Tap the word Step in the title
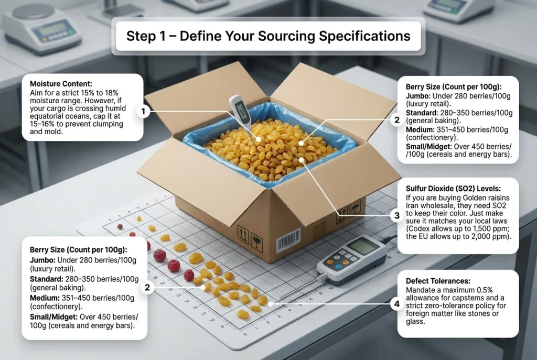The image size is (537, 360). [139, 36]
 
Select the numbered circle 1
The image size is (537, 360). [143, 112]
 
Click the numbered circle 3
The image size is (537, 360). [397, 215]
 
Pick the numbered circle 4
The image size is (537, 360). [397, 304]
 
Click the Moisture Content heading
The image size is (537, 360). [61, 84]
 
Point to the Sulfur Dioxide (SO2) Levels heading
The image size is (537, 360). [453, 189]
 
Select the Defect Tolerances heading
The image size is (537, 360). [438, 281]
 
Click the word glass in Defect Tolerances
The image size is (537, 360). [415, 322]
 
